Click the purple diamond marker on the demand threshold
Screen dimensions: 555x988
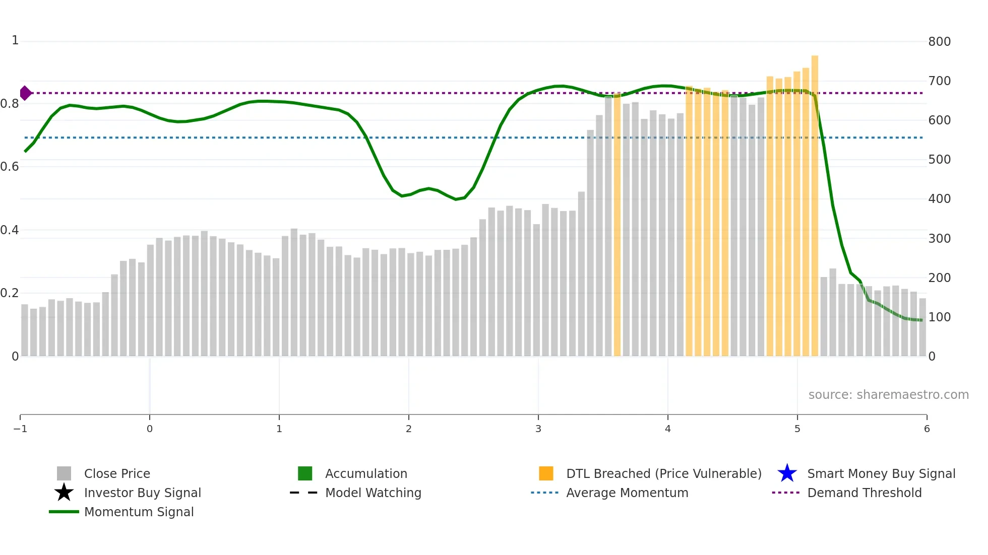25,93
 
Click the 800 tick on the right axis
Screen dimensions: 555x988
939,42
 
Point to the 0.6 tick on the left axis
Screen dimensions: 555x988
10,167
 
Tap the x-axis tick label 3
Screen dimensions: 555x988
538,429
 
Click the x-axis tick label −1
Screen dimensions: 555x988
20,429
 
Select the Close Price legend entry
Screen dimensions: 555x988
116,474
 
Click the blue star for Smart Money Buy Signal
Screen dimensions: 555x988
787,473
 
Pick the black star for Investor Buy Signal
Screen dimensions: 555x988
64,493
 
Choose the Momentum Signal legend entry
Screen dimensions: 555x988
139,512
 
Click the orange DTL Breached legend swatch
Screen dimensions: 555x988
546,473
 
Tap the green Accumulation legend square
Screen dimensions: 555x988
305,473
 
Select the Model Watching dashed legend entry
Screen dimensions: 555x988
373,493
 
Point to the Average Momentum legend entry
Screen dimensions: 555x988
627,493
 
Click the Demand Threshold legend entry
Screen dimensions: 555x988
864,493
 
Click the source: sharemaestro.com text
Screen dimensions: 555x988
888,395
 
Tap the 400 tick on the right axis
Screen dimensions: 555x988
939,199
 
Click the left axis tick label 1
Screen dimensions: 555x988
15,40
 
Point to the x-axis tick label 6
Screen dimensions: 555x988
927,429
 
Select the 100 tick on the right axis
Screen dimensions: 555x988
939,317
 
